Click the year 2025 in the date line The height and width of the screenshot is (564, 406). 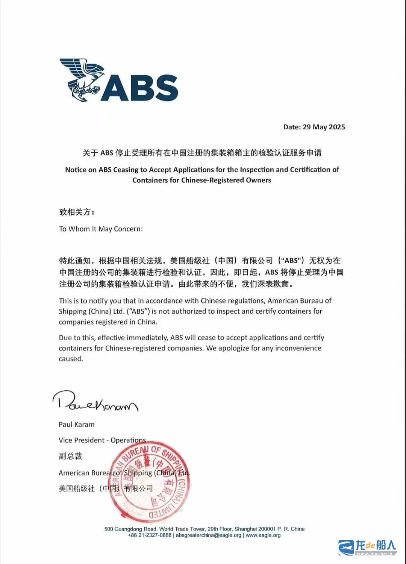click(x=337, y=127)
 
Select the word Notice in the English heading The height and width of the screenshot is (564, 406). click(x=76, y=170)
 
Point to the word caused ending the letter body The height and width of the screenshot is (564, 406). click(x=71, y=359)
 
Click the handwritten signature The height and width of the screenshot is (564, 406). click(x=95, y=402)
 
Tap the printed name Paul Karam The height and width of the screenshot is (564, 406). click(x=77, y=425)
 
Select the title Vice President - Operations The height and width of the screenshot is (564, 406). click(x=102, y=440)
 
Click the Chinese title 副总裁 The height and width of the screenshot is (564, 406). click(x=70, y=456)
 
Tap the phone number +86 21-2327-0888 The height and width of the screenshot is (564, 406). click(x=150, y=535)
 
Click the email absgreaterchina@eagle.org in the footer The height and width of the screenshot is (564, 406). click(x=209, y=535)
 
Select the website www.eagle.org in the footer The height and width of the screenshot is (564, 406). click(x=263, y=535)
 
